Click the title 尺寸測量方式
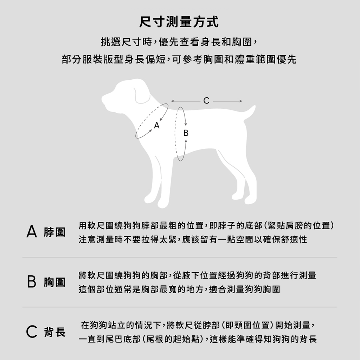[180, 22]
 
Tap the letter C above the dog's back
[206, 101]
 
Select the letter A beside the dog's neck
[157, 126]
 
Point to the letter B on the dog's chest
[186, 133]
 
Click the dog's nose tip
[103, 99]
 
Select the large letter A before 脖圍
[32, 232]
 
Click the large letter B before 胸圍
[32, 282]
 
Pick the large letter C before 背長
[32, 332]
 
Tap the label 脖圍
[54, 232]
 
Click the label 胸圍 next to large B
[54, 282]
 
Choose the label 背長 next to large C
[54, 332]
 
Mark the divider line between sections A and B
[180, 257]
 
